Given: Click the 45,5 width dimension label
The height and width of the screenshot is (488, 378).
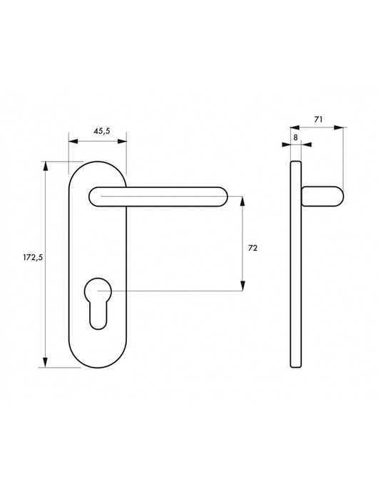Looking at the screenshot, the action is point(102,131).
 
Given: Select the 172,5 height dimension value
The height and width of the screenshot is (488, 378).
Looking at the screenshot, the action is point(33,257).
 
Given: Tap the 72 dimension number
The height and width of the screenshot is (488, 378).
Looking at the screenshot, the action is point(252,248).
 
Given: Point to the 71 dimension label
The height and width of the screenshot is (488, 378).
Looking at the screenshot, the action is point(318,119).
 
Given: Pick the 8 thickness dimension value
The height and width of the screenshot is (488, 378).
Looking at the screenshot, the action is point(296,137).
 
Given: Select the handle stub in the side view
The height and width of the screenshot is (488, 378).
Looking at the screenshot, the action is point(322,196).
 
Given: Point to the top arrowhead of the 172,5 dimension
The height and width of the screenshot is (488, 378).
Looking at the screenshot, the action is point(46,167).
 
